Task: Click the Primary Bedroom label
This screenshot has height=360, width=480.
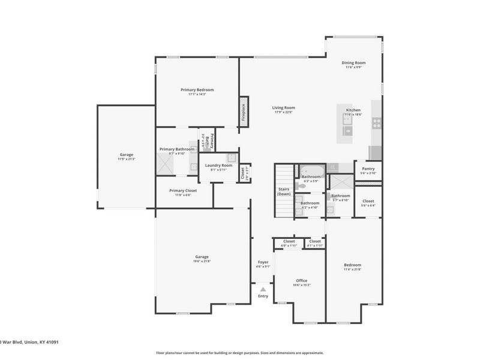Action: pyautogui.click(x=197, y=90)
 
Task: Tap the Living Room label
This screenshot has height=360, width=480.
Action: pyautogui.click(x=284, y=108)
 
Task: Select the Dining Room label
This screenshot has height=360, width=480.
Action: pyautogui.click(x=353, y=62)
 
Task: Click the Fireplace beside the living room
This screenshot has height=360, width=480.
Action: pyautogui.click(x=244, y=112)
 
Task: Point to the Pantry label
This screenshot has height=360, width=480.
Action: pyautogui.click(x=368, y=169)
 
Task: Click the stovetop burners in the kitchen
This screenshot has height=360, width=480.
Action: pyautogui.click(x=377, y=123)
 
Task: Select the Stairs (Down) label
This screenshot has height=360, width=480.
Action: pyautogui.click(x=284, y=192)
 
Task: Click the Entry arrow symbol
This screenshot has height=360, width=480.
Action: pyautogui.click(x=263, y=289)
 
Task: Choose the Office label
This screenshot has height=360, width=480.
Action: pyautogui.click(x=301, y=281)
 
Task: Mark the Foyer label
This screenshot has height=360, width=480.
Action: pyautogui.click(x=263, y=262)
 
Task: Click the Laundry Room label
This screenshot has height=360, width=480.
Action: pyautogui.click(x=218, y=165)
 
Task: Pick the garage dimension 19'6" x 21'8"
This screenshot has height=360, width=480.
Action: pyautogui.click(x=202, y=262)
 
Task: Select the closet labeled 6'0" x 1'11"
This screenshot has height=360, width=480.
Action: pyautogui.click(x=289, y=245)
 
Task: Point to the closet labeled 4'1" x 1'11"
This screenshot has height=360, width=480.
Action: pyautogui.click(x=315, y=245)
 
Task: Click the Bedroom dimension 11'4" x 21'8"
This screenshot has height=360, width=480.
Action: pyautogui.click(x=352, y=269)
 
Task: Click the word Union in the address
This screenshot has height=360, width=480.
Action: pyautogui.click(x=32, y=343)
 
